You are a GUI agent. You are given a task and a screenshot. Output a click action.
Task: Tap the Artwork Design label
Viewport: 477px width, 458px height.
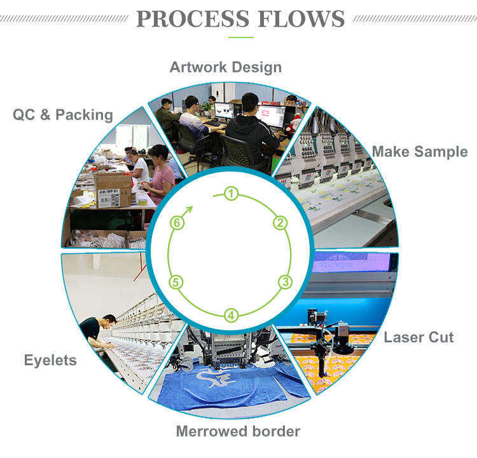(x=225, y=67)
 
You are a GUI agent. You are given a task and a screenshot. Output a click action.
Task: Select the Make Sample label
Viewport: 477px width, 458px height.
(x=419, y=152)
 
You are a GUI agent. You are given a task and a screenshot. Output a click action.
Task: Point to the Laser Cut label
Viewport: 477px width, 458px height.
(x=418, y=337)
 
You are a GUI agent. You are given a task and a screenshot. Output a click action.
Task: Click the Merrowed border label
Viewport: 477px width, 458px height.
(x=238, y=431)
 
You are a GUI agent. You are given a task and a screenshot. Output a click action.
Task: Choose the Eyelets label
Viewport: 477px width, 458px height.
(x=50, y=360)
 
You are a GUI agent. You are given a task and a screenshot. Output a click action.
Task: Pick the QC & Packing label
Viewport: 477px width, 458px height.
(x=62, y=115)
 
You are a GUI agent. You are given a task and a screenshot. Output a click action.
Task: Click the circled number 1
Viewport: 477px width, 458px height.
(x=232, y=193)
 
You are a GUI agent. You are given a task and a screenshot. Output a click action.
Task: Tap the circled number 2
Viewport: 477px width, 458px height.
(x=280, y=222)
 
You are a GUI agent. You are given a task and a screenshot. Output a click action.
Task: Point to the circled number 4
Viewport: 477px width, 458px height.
(x=232, y=314)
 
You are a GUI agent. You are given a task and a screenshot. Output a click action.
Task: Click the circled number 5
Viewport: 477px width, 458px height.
(x=177, y=282)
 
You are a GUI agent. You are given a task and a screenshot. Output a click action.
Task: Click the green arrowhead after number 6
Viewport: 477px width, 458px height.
(x=189, y=209)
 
